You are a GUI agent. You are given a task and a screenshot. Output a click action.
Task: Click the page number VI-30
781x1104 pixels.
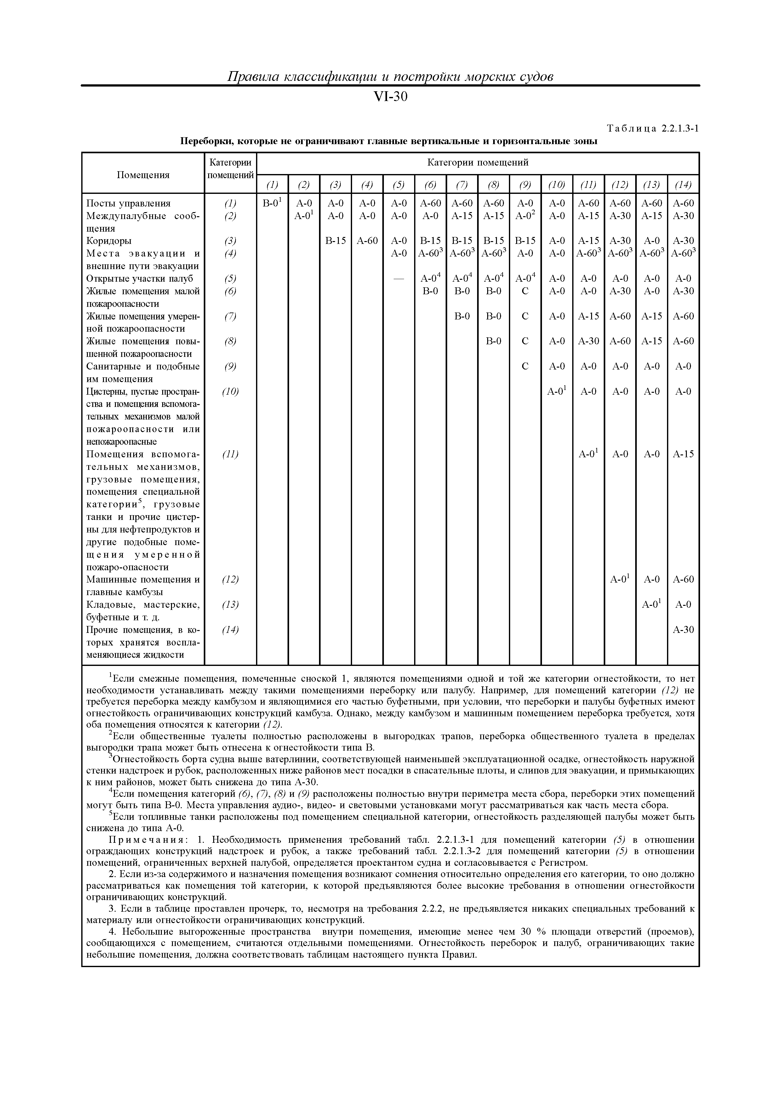coord(390,97)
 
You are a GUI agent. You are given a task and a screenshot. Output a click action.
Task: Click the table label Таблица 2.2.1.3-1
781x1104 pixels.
coord(653,128)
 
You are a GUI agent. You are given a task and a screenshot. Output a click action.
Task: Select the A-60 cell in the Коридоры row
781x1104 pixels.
coord(367,241)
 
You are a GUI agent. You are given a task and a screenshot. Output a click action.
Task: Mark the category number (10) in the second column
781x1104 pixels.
coord(231,392)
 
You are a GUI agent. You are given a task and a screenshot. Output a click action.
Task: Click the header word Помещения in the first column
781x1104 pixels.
coord(143,175)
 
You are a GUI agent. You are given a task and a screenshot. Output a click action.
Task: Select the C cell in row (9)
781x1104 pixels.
coord(525,366)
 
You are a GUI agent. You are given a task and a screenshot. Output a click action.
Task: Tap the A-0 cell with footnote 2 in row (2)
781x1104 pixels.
coord(525,216)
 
